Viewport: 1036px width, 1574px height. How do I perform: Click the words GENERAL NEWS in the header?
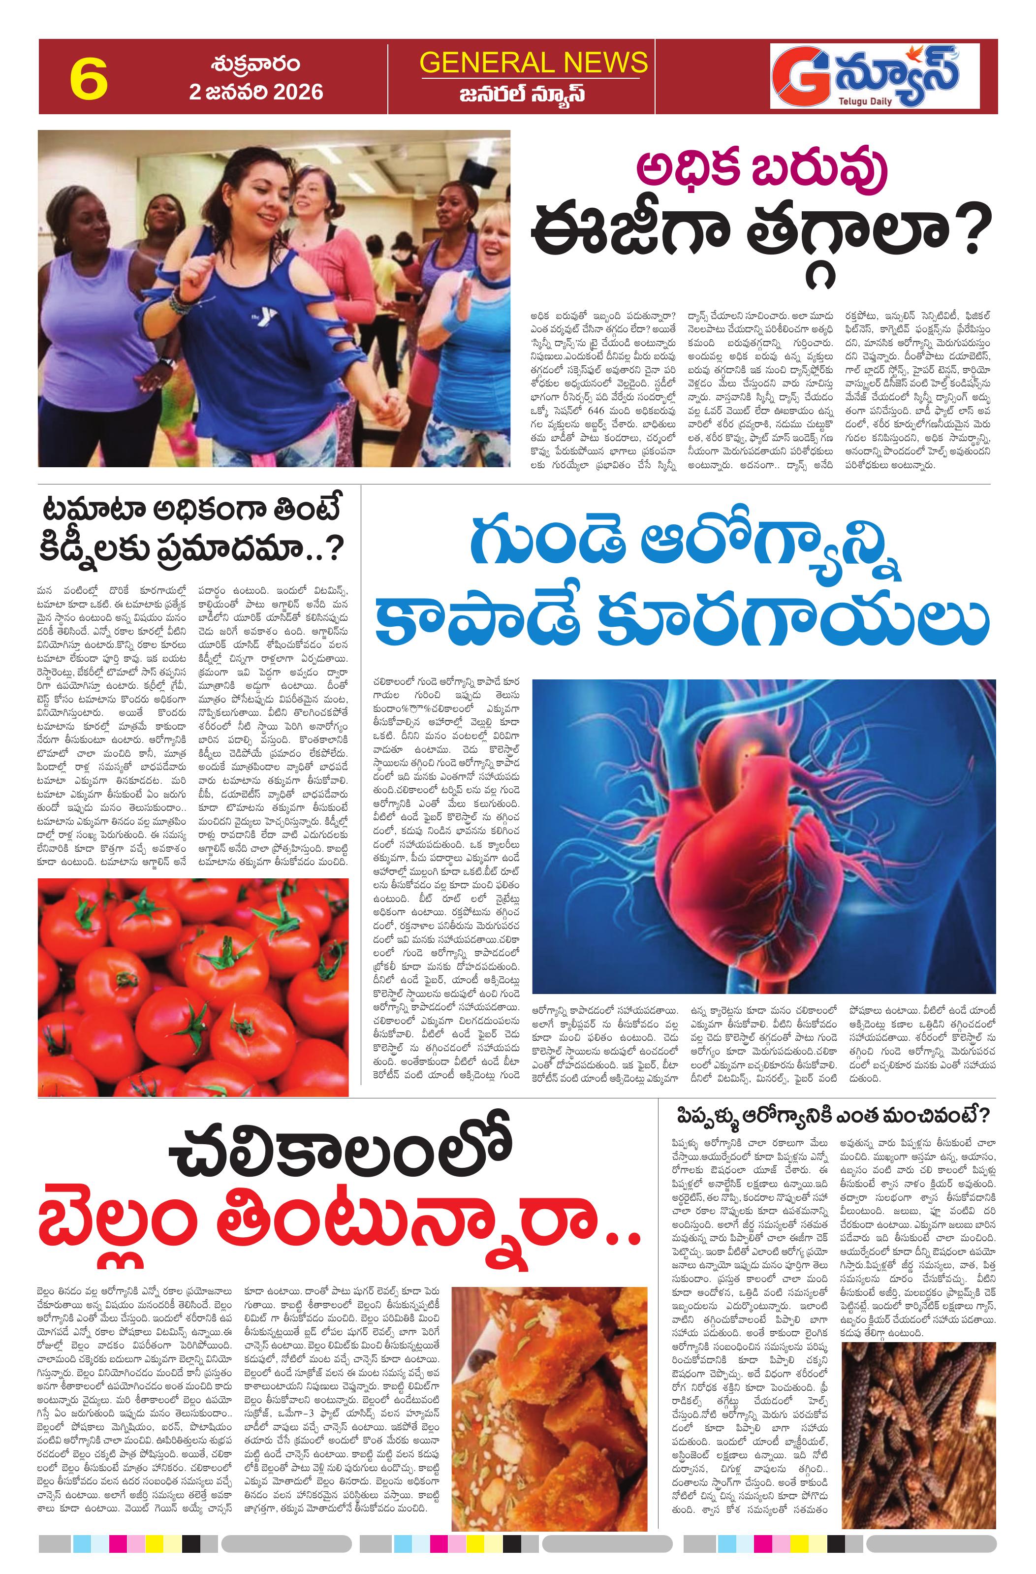coord(533,62)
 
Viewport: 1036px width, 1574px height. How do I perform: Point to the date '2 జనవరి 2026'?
coord(256,91)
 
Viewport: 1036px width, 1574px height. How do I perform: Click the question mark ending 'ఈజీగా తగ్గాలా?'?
coord(963,230)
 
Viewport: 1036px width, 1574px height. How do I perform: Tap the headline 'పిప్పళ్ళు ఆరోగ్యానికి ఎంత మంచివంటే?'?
coord(832,1116)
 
